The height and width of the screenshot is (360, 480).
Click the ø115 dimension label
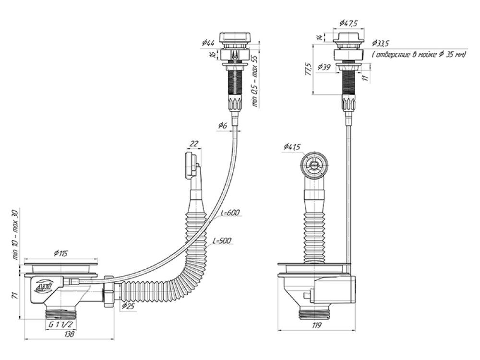[60, 253]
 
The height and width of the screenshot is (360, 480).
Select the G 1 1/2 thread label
[60, 324]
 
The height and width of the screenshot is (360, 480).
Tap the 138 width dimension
[70, 334]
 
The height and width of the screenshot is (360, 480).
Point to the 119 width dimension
[316, 326]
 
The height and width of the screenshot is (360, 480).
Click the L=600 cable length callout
[229, 213]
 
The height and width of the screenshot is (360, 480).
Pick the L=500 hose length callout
[222, 240]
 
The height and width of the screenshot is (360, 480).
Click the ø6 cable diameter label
[223, 125]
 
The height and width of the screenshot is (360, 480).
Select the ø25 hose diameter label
[128, 306]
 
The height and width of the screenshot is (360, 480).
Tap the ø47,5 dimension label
[348, 23]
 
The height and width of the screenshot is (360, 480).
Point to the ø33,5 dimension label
[382, 43]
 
